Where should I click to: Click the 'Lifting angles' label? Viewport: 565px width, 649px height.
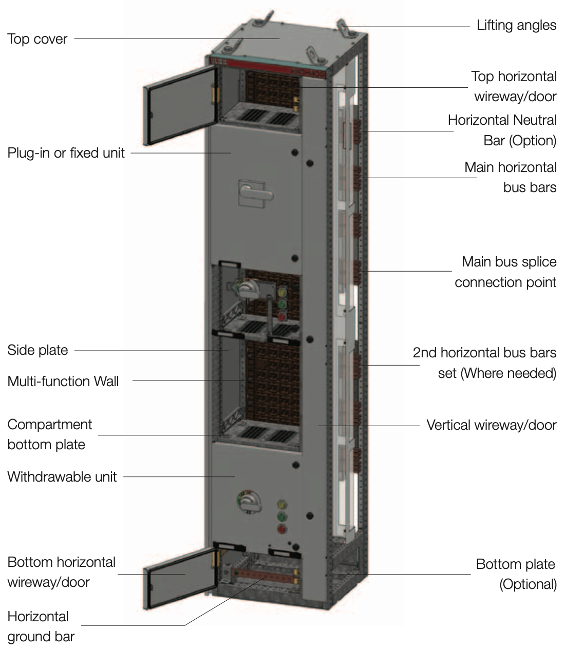tap(516, 25)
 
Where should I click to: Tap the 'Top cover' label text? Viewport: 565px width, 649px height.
tap(37, 39)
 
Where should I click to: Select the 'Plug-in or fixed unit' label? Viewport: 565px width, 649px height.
tap(66, 153)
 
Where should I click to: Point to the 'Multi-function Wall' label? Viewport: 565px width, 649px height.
tap(63, 381)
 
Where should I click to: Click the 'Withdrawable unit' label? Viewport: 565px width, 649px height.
tap(62, 476)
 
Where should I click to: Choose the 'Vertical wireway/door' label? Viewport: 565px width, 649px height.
tap(491, 425)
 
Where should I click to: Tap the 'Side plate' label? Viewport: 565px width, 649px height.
tap(37, 350)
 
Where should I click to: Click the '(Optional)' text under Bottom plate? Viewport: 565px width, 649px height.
tap(528, 584)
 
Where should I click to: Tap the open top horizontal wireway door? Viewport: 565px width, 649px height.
tap(180, 105)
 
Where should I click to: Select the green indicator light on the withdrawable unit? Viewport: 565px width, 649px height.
tap(281, 517)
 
